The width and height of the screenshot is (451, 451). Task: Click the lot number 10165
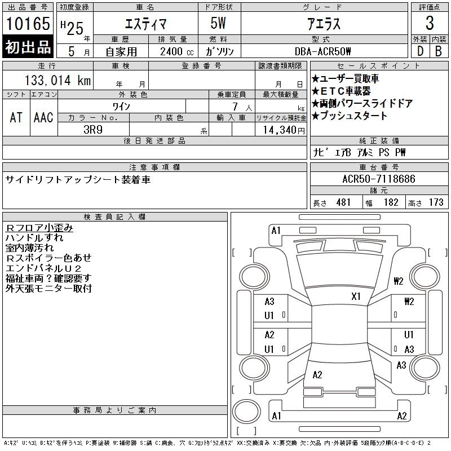point(28,24)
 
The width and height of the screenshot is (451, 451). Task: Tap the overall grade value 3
point(430,23)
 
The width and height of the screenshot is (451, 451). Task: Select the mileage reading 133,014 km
point(58,80)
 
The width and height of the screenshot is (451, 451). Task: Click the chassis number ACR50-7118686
point(379,179)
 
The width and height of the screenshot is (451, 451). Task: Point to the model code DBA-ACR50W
point(322,51)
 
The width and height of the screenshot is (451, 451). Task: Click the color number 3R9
point(93,130)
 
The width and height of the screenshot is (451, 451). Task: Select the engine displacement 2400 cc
point(176,52)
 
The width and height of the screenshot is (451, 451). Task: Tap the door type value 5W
point(218,23)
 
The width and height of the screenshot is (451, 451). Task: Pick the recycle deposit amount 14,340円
point(284,130)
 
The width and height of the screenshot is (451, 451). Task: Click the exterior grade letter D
point(420,51)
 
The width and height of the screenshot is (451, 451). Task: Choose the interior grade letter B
point(439,51)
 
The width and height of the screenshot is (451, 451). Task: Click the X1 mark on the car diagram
point(356,297)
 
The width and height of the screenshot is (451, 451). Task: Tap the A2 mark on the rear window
point(317,375)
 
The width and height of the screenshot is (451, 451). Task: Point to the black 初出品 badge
point(28,47)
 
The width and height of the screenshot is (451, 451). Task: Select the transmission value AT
point(16,118)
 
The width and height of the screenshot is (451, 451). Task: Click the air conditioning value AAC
point(43,118)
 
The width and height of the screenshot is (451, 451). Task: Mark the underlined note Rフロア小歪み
point(39,228)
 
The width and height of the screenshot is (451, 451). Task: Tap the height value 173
point(436,202)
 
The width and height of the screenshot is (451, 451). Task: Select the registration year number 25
point(75,29)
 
